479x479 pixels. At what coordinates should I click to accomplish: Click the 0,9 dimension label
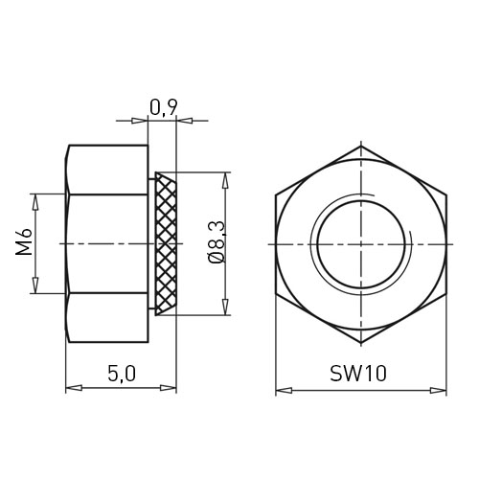point(163,107)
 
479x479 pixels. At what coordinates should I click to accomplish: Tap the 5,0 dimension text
point(122,374)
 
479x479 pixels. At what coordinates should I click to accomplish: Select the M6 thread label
point(24,241)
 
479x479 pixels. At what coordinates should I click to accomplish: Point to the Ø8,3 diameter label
point(217,242)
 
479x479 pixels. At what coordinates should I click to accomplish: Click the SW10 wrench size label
point(358,374)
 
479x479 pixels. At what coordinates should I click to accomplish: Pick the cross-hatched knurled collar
point(166,244)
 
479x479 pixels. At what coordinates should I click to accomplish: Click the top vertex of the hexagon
point(361,146)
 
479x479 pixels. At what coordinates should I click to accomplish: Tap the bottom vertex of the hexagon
point(361,343)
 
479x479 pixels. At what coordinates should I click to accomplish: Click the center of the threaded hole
point(361,244)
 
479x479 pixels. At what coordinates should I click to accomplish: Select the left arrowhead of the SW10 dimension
point(284,390)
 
